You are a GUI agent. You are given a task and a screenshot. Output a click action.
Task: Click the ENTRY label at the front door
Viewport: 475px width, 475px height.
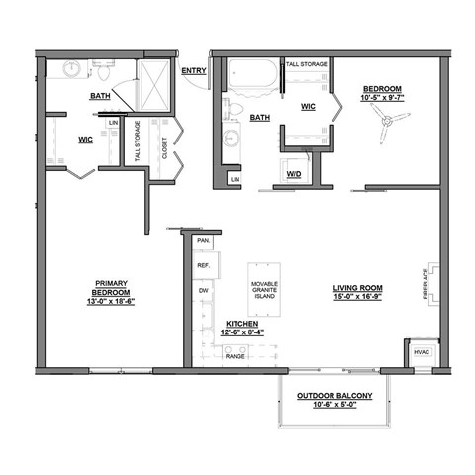[194, 70]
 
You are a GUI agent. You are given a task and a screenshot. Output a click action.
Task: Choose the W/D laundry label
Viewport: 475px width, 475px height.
[294, 175]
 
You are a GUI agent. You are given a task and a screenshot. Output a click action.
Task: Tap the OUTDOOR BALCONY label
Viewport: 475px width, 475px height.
[334, 396]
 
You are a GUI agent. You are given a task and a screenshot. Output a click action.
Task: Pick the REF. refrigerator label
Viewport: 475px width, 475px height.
[204, 266]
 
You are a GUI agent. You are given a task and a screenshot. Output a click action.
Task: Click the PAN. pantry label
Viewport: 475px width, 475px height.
[204, 241]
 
